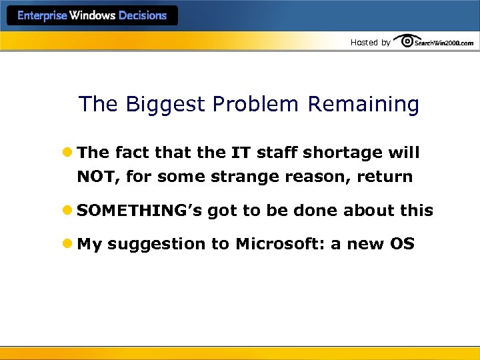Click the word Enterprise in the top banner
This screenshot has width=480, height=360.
tap(42, 16)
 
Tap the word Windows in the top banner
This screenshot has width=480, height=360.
tap(92, 16)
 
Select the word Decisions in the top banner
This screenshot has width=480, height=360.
tap(142, 16)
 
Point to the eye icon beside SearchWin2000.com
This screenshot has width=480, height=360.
tap(406, 41)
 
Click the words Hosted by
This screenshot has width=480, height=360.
tap(370, 43)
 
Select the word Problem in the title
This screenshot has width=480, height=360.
tap(255, 105)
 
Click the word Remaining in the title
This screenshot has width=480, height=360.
tap(363, 105)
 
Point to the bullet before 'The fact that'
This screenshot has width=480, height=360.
tap(68, 153)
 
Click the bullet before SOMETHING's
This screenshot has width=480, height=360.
tap(68, 211)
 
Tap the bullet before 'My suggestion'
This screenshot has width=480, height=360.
tap(68, 244)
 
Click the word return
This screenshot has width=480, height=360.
tap(385, 177)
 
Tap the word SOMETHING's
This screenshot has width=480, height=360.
tap(139, 211)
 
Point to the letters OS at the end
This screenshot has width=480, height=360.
tap(402, 244)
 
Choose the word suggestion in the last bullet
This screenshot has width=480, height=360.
tap(156, 245)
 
